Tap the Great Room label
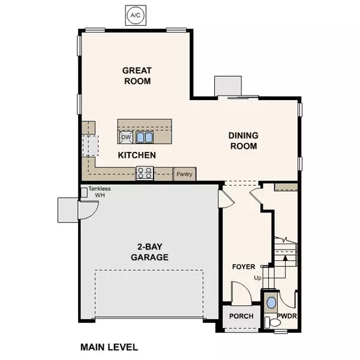coord(136,76)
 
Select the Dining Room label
coord(243,140)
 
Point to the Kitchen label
coord(137,155)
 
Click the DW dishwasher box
coord(126,137)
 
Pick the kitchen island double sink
coord(144,137)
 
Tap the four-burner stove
coord(145,173)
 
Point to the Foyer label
coord(244,266)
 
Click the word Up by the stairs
coord(258,278)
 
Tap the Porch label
coord(241,316)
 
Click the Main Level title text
coord(109,347)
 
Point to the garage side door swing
coord(86,210)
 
